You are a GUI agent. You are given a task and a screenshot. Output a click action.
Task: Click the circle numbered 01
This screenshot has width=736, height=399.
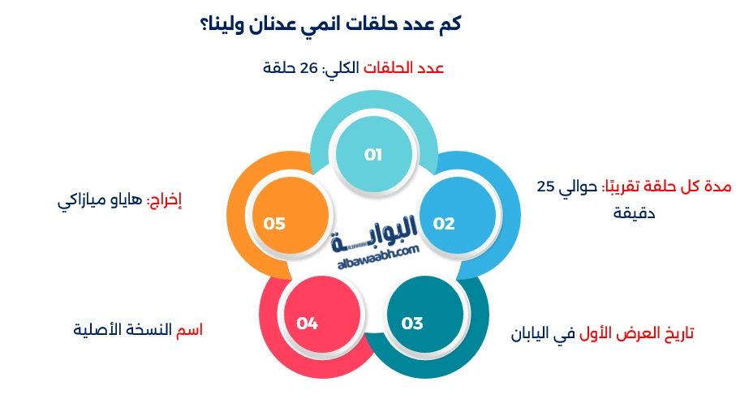(x=373, y=154)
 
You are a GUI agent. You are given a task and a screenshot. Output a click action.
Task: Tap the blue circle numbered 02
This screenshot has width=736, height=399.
(x=443, y=223)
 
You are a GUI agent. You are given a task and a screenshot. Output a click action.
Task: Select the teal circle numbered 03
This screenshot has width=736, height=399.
(x=412, y=324)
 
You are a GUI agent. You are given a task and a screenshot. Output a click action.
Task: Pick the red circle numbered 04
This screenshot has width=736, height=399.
(x=307, y=324)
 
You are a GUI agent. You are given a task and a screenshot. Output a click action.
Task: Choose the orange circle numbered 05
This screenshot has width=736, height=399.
(x=274, y=223)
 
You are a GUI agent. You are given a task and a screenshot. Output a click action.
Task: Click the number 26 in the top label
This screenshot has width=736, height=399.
(x=311, y=68)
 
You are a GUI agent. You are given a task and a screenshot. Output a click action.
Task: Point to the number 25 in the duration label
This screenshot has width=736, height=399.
(x=545, y=187)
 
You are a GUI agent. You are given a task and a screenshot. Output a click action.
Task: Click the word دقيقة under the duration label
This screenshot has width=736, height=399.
(x=635, y=214)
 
